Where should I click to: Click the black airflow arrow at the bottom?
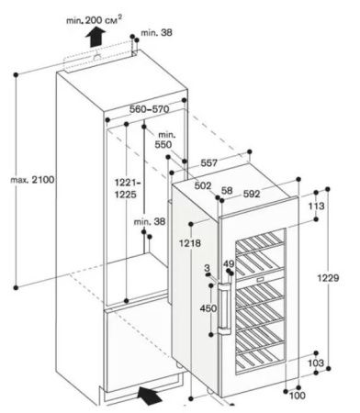coord(147,396)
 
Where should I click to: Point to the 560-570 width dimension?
coord(151,108)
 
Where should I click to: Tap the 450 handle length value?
coord(208,308)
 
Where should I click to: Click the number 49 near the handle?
coord(229,264)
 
